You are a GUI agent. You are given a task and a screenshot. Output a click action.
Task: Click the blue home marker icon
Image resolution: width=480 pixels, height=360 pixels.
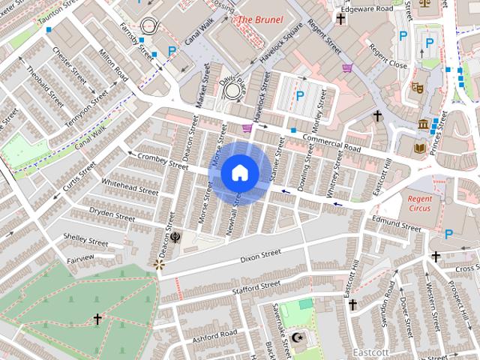239,173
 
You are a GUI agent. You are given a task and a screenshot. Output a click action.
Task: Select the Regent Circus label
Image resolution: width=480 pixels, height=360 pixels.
420,203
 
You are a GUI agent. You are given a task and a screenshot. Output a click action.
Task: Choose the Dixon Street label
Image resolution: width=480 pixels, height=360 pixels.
260,257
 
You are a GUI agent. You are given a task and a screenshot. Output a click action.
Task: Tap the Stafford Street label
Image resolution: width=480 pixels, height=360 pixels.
256,287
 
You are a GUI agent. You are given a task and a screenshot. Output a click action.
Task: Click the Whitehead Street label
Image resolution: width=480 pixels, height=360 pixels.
130,187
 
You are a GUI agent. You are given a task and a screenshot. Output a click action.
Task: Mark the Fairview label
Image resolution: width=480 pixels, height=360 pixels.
80,259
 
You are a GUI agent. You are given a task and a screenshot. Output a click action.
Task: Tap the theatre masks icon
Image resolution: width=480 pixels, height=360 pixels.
418,87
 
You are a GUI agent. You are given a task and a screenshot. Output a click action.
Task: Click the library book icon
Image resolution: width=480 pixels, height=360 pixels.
418,148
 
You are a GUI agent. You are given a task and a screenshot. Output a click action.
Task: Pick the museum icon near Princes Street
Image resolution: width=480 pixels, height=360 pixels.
424,124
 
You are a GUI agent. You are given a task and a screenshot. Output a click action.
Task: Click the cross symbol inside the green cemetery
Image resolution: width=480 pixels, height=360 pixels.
97,319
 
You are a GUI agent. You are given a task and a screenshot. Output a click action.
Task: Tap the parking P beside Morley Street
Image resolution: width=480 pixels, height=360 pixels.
300,95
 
